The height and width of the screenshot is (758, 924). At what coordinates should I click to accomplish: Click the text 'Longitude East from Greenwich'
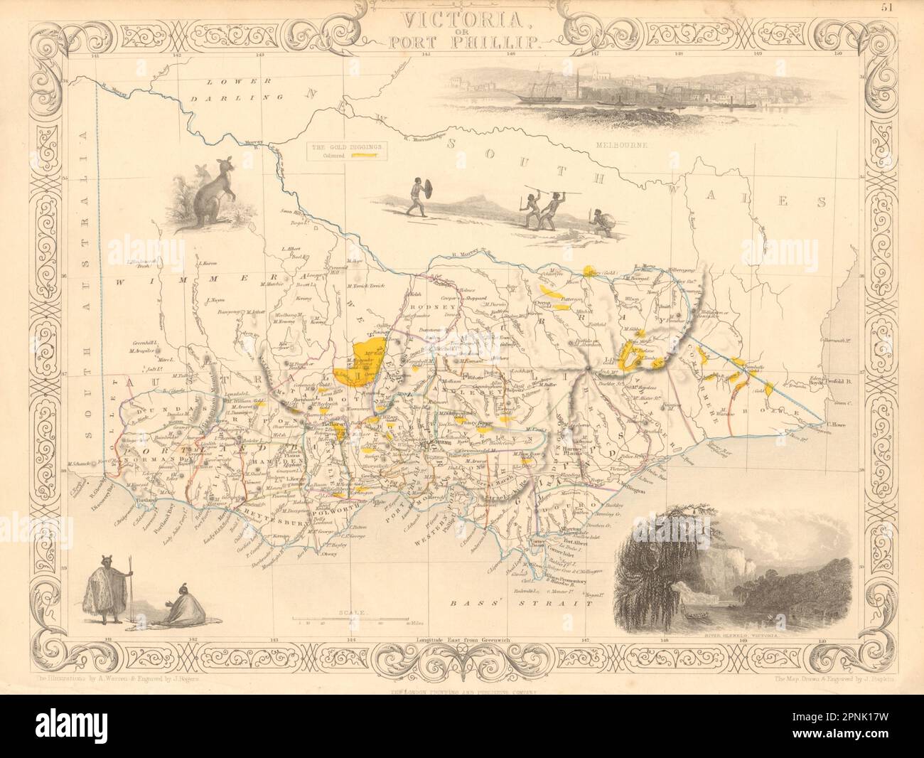coord(461,639)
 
